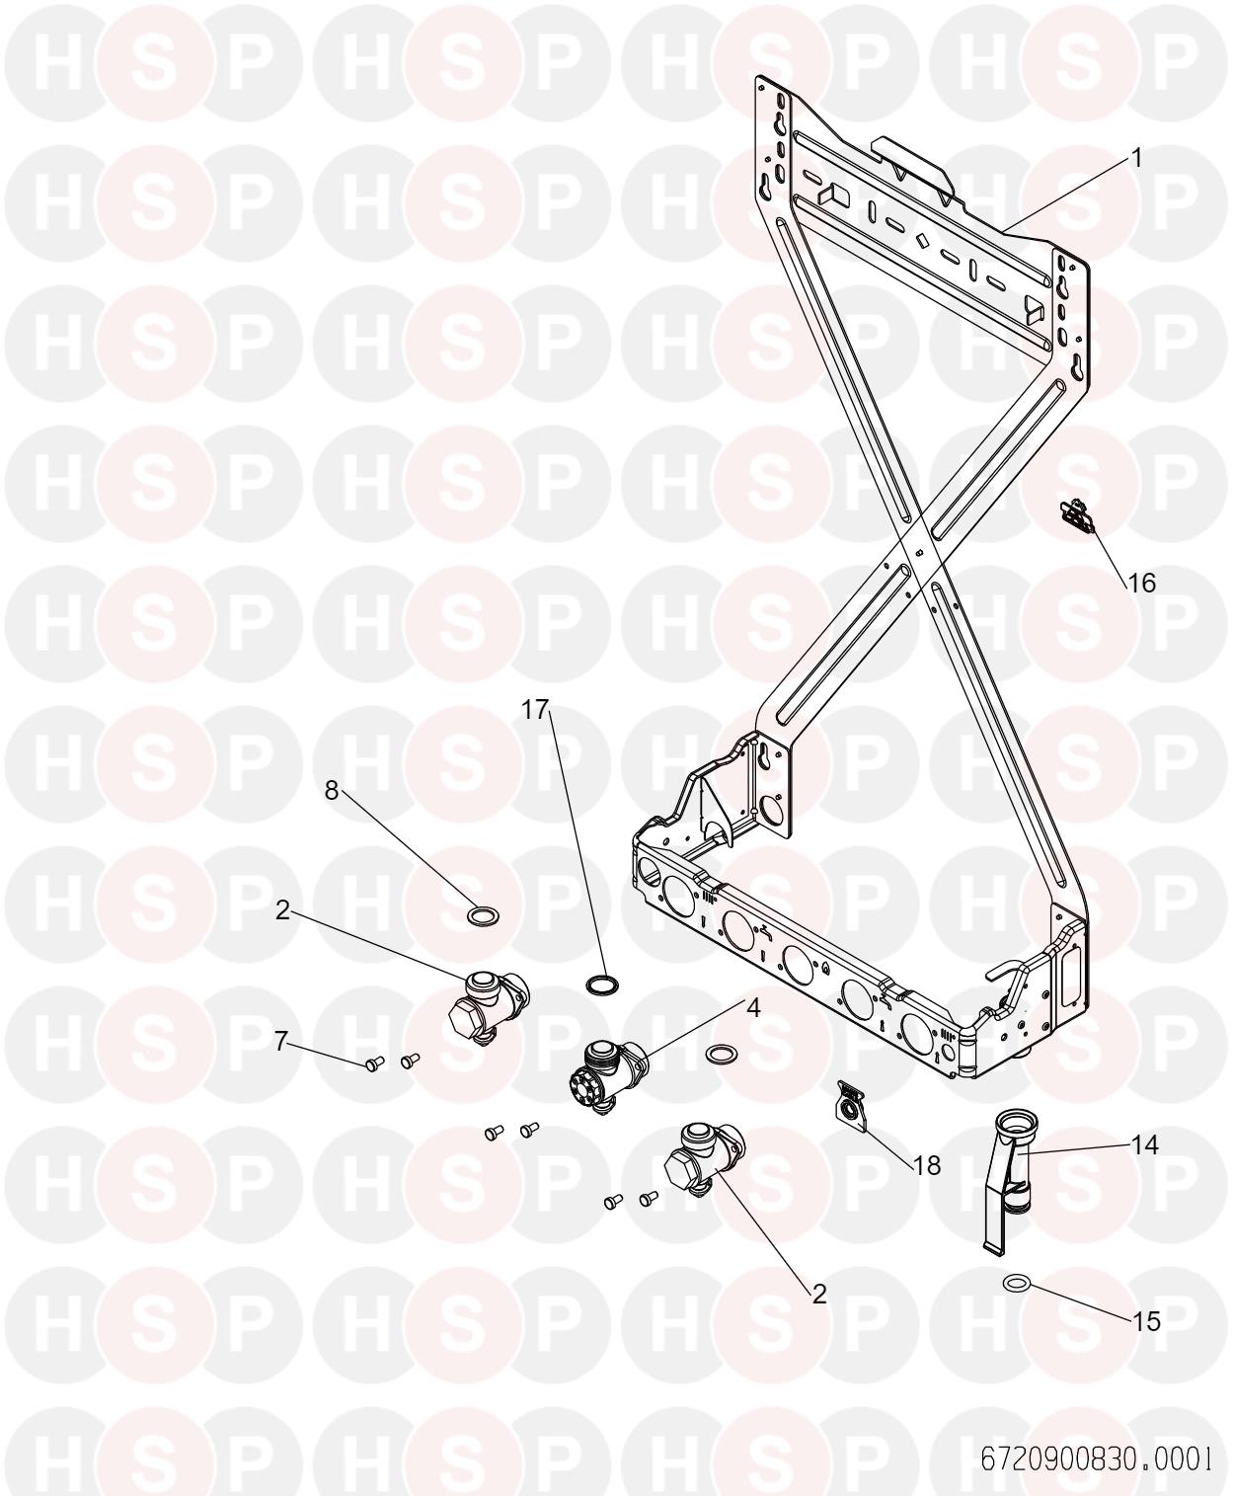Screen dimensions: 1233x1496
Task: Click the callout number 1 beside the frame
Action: pos(1135,158)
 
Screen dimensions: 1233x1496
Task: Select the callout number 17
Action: pos(534,709)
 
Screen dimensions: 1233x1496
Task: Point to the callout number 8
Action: pos(331,790)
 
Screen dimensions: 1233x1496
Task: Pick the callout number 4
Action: pos(753,1006)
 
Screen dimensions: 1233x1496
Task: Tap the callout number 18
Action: pos(927,1166)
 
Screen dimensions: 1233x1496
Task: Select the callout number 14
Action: pos(1145,1144)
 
